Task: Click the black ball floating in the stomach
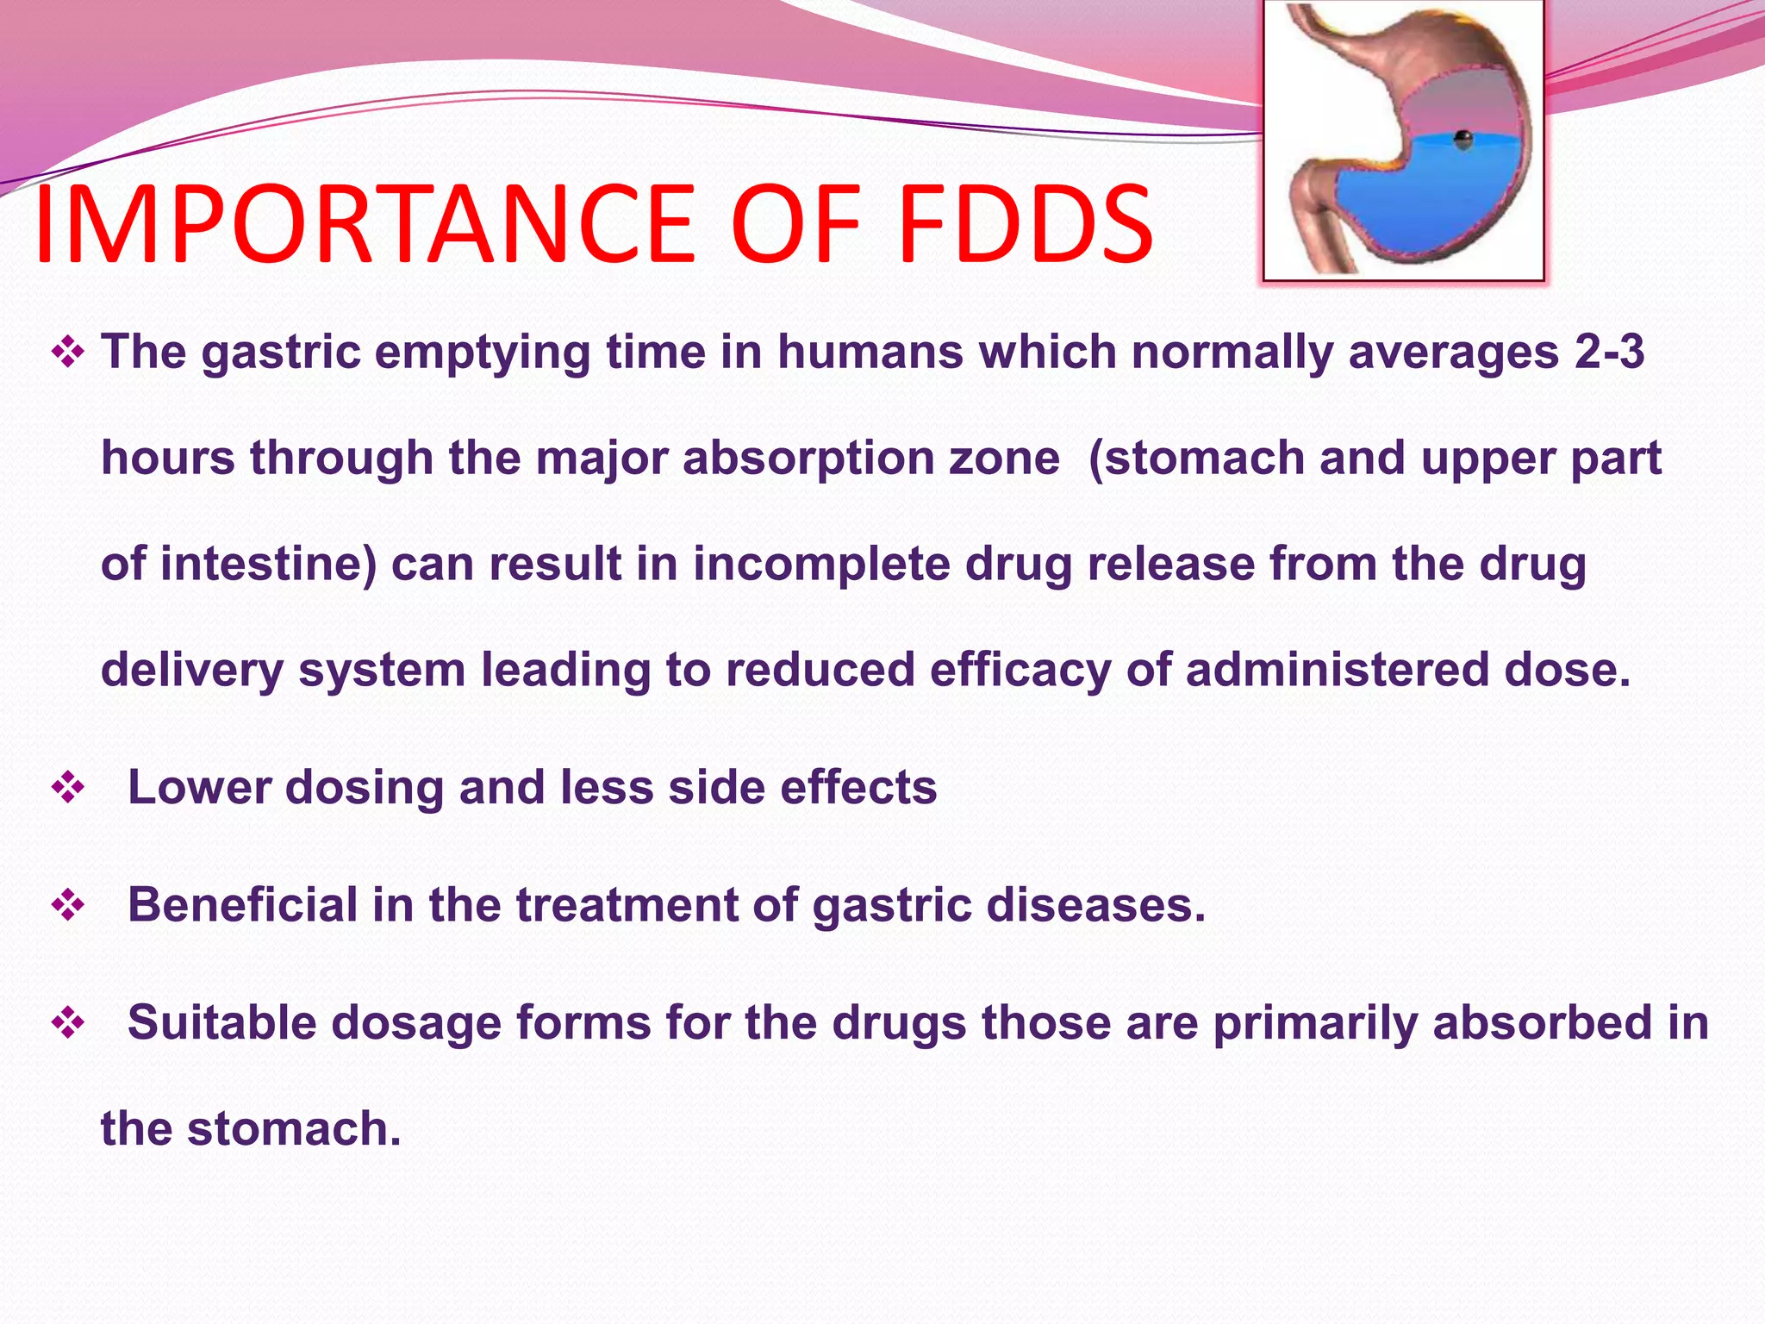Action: [x=1463, y=139]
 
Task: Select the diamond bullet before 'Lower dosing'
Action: [x=68, y=787]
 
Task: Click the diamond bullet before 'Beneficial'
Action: [x=68, y=905]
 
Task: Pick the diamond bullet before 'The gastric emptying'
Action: [x=68, y=352]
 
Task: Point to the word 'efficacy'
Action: [x=1020, y=671]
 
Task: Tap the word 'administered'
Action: [x=1337, y=671]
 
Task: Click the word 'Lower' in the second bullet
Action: [x=199, y=787]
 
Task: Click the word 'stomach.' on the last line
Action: [x=294, y=1129]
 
